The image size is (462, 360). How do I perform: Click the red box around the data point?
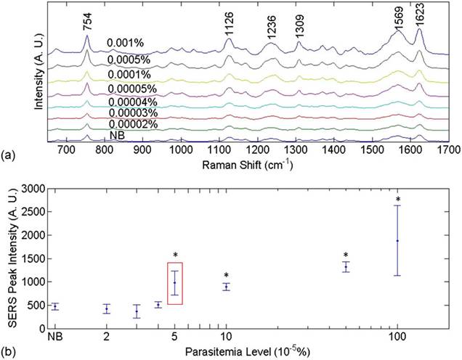(x=174, y=283)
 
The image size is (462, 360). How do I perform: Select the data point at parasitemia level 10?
(x=226, y=287)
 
